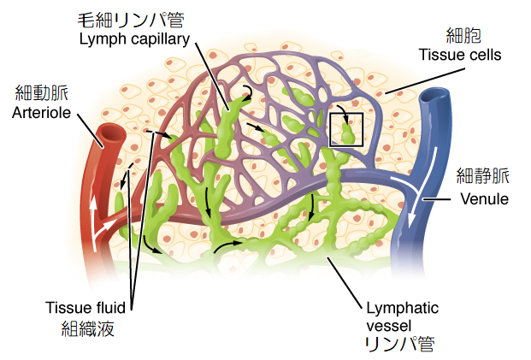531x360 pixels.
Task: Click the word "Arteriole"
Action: tap(41, 112)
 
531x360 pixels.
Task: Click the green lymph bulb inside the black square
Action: tap(347, 133)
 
